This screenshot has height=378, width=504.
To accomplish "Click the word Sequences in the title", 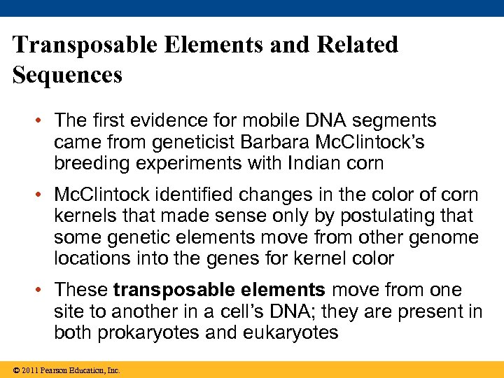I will pyautogui.click(x=68, y=73).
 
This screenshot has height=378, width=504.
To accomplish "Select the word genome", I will pyautogui.click(x=442, y=238).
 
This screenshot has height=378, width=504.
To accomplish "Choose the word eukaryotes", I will pyautogui.click(x=290, y=333).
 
